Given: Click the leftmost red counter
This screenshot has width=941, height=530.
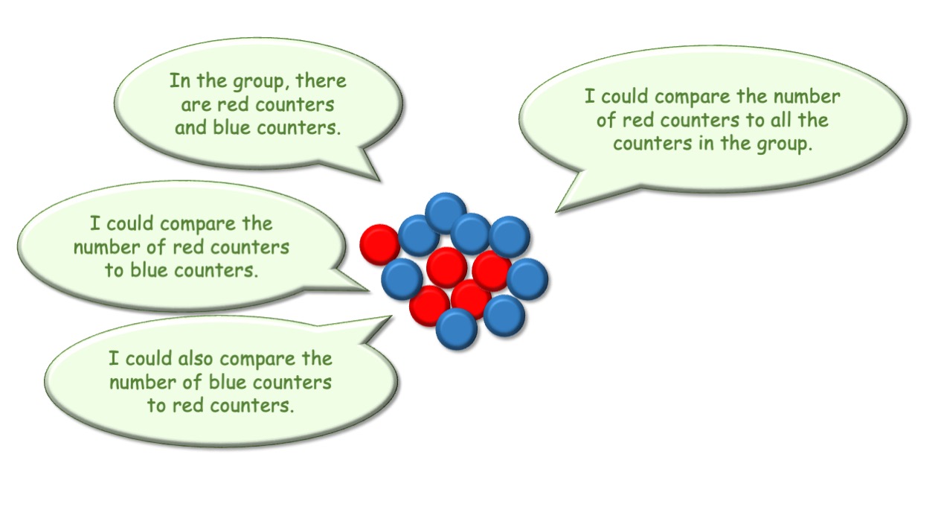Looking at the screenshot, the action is [x=380, y=244].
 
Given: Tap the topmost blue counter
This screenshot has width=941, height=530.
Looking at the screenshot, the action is [x=446, y=213].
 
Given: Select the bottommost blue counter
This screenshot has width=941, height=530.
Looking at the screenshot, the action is [x=456, y=329].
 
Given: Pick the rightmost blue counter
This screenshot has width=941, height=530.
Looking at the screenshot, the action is [x=527, y=279].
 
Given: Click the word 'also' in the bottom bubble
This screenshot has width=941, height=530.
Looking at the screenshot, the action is [x=196, y=359].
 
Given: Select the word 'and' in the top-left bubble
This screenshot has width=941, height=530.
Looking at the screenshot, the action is [x=190, y=127].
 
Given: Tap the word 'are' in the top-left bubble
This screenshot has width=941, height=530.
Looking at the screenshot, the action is [x=196, y=105].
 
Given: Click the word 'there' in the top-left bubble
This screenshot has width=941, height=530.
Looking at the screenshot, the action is [x=321, y=80].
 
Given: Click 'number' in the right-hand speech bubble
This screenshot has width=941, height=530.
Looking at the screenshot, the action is [x=806, y=97].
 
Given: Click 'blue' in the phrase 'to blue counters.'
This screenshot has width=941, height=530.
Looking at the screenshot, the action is [x=148, y=269].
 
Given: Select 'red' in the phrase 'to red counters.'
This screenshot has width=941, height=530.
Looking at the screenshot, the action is [x=187, y=406].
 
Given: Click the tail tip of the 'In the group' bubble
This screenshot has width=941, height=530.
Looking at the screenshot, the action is [x=380, y=181].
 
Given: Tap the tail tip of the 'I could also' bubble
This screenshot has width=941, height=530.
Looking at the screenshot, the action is [x=391, y=317].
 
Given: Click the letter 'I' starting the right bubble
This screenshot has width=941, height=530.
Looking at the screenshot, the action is [x=589, y=96].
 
